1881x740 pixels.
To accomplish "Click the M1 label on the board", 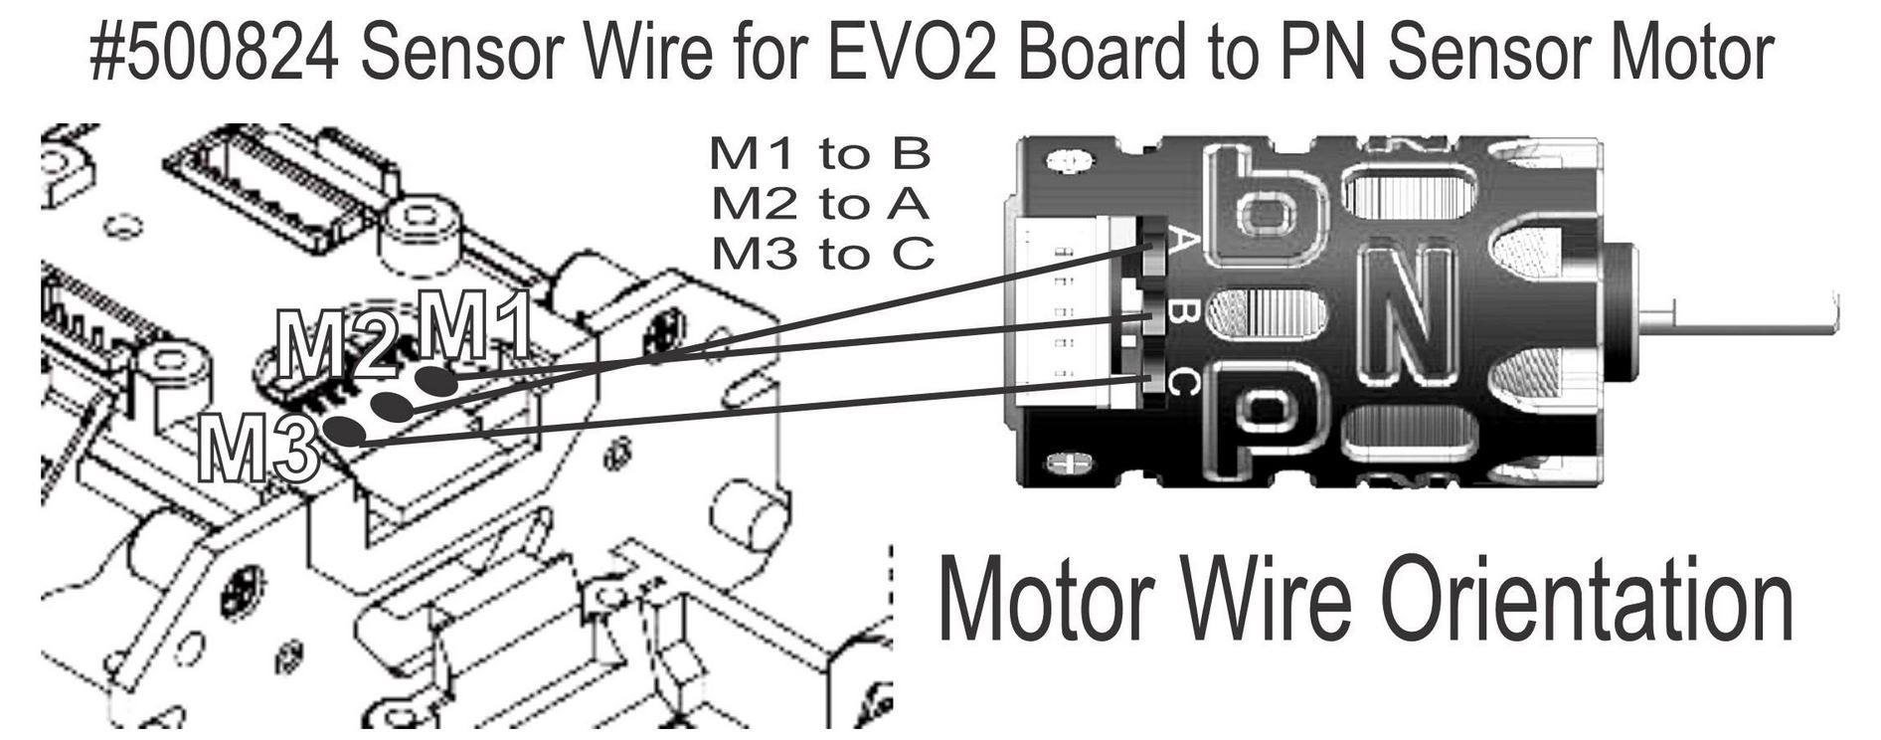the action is (x=473, y=325).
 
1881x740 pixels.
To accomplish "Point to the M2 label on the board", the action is (x=336, y=345).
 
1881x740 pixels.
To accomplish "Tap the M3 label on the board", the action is (x=257, y=449).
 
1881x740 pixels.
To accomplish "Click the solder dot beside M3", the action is (x=345, y=431).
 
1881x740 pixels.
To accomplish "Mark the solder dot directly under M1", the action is (x=435, y=381).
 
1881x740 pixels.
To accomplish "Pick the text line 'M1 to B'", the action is (x=820, y=153).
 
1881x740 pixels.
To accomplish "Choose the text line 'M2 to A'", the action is (x=820, y=204).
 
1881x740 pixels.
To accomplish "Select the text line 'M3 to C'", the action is (x=823, y=255).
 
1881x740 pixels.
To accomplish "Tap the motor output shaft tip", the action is (x=1835, y=312).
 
